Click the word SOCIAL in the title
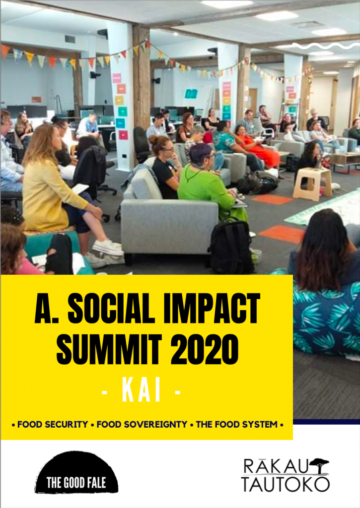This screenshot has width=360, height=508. click(111, 308)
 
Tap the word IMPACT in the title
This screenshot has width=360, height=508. click(212, 308)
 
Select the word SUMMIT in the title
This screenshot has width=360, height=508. click(109, 349)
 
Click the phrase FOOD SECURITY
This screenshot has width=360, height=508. click(53, 425)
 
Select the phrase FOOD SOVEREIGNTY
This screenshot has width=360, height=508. click(142, 425)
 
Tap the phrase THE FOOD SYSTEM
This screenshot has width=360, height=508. click(236, 425)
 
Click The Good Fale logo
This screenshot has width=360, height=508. click(76, 472)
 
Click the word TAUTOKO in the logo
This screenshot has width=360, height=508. click(285, 484)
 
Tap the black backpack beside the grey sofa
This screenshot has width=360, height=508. click(230, 246)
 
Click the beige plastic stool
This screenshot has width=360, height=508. click(312, 184)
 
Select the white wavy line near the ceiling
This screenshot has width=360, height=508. click(326, 46)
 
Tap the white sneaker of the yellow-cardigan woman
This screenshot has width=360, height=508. click(108, 248)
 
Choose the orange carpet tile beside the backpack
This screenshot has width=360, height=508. click(282, 234)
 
